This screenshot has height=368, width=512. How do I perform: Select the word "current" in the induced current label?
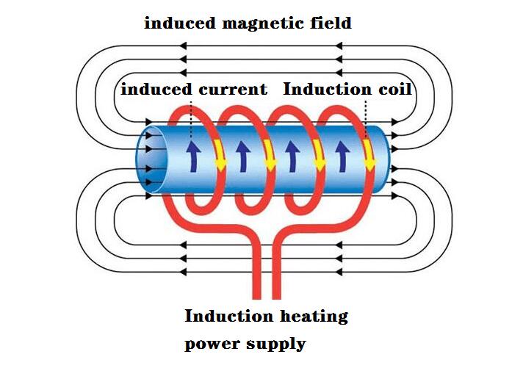pyautogui.click(x=233, y=90)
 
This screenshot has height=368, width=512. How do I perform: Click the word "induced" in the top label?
pyautogui.click(x=176, y=23)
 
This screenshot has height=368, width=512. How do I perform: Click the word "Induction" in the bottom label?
pyautogui.click(x=228, y=317)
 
